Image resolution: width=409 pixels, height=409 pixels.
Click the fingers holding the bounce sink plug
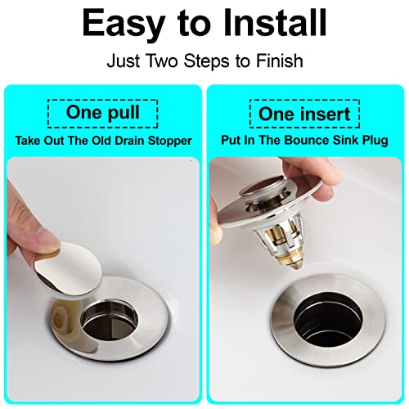237,196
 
